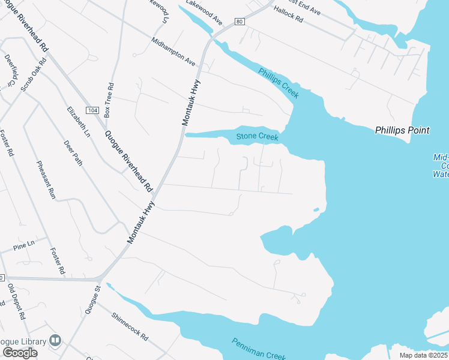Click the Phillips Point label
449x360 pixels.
[402, 130]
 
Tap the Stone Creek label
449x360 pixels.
[258, 136]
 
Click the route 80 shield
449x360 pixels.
[240, 22]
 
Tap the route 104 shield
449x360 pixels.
[92, 110]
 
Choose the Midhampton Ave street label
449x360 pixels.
[173, 52]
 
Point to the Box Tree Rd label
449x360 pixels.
[109, 99]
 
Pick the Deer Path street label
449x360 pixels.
[73, 152]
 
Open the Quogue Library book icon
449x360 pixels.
[55, 341]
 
